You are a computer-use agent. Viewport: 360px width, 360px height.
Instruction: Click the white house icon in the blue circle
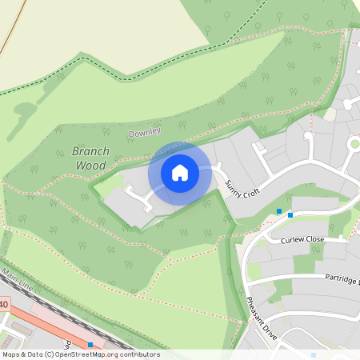point(180,172)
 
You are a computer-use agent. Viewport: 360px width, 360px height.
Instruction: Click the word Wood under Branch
point(90,165)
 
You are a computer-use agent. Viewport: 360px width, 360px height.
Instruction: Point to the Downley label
point(145,131)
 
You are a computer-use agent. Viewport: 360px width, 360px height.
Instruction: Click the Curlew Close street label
point(302,239)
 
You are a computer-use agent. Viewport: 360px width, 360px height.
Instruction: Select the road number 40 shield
point(3,305)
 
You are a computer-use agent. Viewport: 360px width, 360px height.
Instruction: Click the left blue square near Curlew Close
point(279,211)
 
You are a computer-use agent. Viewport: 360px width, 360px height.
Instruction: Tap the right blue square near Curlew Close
point(290,214)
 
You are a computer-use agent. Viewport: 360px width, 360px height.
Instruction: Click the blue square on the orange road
point(90,345)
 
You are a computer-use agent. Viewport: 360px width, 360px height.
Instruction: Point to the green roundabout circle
point(354,143)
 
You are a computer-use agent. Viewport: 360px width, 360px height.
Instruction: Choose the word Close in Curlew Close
point(314,239)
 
